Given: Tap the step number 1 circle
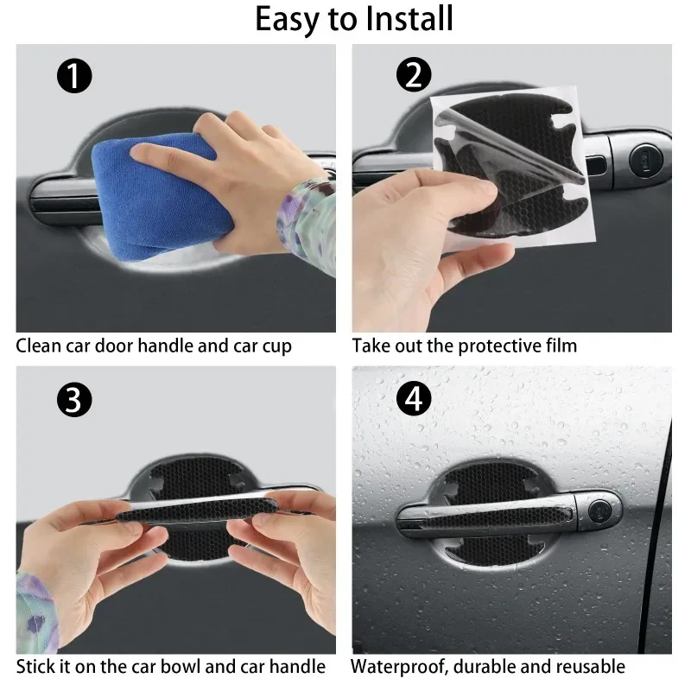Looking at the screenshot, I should [x=74, y=77].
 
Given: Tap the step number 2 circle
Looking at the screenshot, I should [x=413, y=76].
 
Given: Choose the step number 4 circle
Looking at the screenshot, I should [x=413, y=400].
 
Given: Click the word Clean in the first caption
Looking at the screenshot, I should [x=40, y=346].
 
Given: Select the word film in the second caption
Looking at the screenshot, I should [x=558, y=346].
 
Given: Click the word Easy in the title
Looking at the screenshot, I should [x=288, y=19].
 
